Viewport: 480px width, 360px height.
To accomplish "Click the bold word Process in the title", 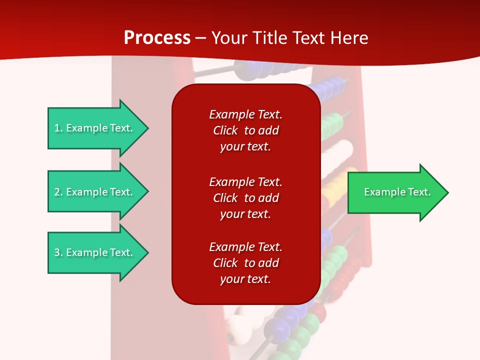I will (x=157, y=38).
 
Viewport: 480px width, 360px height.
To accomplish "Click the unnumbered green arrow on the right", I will (x=395, y=192).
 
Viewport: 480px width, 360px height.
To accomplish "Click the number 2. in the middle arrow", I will (x=58, y=192).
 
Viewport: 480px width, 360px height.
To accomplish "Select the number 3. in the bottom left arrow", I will (x=58, y=252).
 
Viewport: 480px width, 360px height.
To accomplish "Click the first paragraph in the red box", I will (x=245, y=130).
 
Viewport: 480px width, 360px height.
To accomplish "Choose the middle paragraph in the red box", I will (x=245, y=198).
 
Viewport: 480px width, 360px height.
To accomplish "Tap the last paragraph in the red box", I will (x=245, y=263).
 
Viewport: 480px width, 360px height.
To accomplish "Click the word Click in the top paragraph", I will (x=225, y=130).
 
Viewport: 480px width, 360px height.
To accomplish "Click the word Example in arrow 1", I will (x=86, y=128).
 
